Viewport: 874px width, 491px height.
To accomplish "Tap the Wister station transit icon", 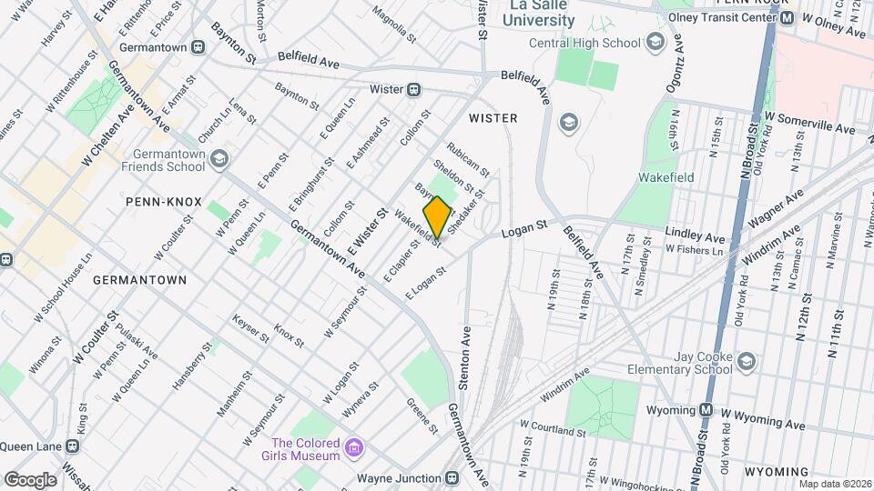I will click(x=414, y=89).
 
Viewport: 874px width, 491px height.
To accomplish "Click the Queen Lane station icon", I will click(x=72, y=446).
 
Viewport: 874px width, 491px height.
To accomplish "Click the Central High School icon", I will click(x=654, y=41).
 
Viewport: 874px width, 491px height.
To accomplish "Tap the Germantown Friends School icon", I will click(x=218, y=160).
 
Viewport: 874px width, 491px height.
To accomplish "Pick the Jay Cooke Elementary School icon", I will click(x=747, y=362).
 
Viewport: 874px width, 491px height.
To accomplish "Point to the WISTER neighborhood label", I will click(x=493, y=118).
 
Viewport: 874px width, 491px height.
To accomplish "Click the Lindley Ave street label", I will click(x=695, y=234).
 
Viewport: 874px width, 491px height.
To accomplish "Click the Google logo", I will click(x=30, y=479).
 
